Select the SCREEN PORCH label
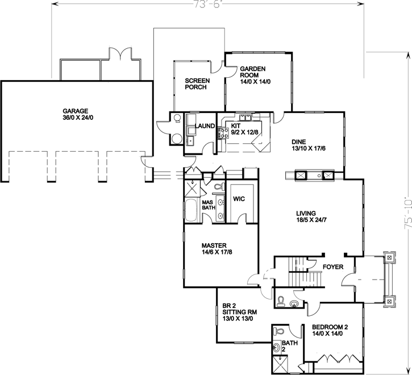tap(197, 84)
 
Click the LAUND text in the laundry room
tap(204, 126)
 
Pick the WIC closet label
tap(239, 199)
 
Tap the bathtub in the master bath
tap(192, 211)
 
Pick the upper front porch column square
tap(389, 257)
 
